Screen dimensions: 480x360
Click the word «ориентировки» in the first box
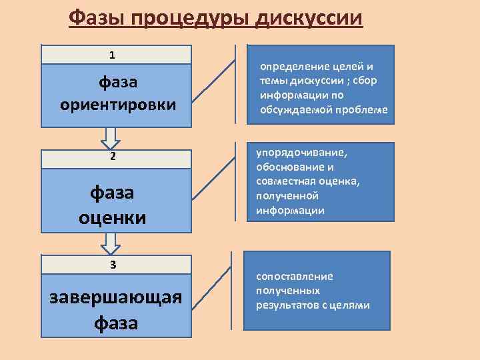tap(118, 105)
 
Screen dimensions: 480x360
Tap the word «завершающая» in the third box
tap(116, 297)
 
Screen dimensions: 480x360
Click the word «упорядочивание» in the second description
tap(301, 152)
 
